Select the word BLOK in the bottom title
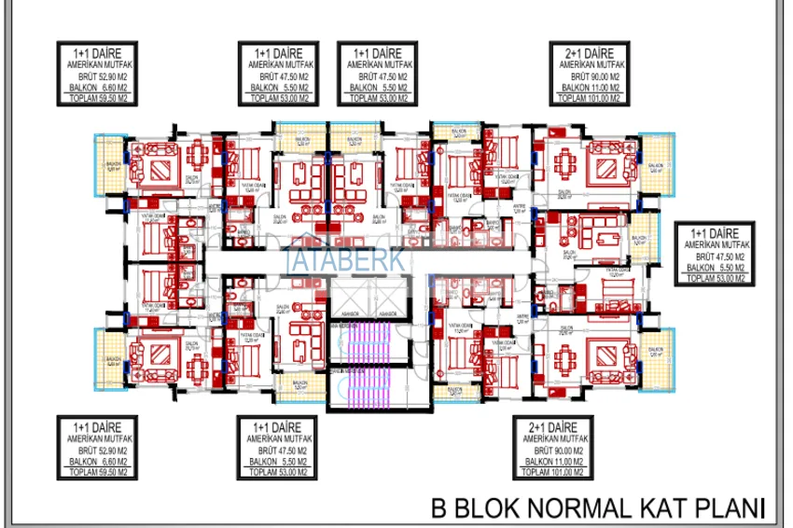(x=483, y=507)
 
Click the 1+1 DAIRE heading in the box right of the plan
(x=715, y=230)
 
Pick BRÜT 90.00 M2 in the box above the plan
(x=587, y=76)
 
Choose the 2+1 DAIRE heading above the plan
(x=587, y=53)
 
